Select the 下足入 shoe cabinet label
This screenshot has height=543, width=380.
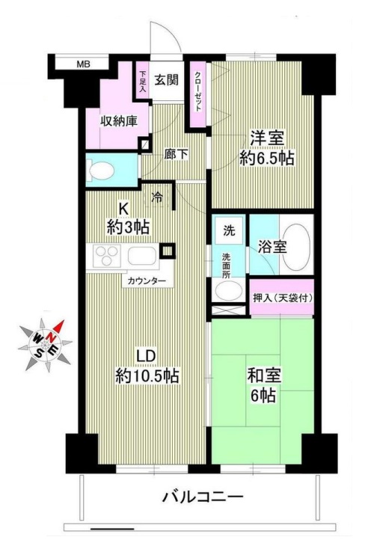pos(142,80)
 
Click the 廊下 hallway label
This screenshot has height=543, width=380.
pos(176,154)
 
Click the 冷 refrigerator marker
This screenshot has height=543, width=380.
pos(157,197)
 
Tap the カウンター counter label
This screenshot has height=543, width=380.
pos(147,281)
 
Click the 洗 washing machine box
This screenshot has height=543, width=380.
pos(227,230)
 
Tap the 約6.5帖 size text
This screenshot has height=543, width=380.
pos(267,159)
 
